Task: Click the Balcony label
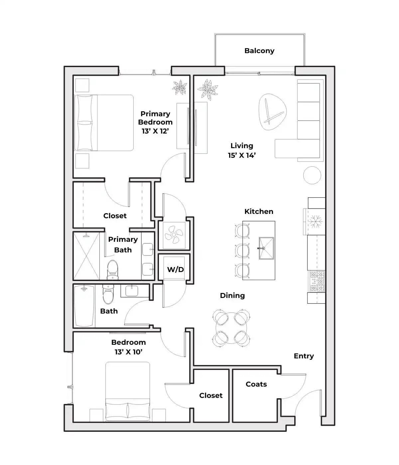(259, 51)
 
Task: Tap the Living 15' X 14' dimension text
(242, 155)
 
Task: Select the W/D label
(175, 269)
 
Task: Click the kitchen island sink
(266, 248)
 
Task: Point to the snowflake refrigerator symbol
(315, 222)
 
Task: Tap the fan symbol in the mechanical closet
(174, 235)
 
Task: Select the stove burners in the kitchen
(317, 281)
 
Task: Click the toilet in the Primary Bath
(113, 270)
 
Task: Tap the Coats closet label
(256, 384)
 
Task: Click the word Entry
(304, 356)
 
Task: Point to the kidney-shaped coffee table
(273, 112)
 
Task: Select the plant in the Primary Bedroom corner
(180, 87)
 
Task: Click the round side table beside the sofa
(312, 175)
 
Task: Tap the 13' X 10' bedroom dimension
(128, 352)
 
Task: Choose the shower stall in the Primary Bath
(86, 256)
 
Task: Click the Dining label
(232, 296)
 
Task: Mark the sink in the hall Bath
(132, 291)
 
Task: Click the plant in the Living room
(207, 89)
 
